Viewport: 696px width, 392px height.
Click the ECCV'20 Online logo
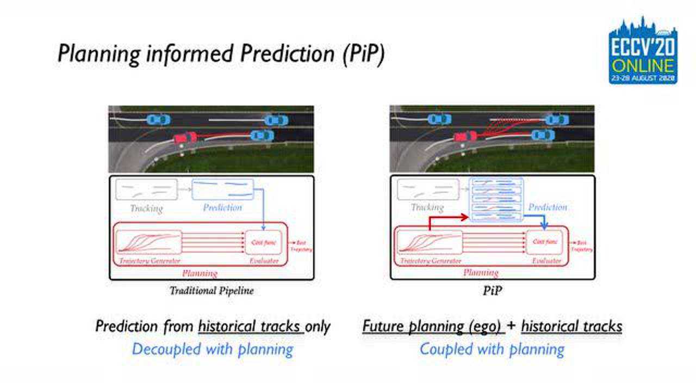coord(642,50)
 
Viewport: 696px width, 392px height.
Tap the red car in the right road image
coord(465,136)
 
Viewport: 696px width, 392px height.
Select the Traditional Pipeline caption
coord(212,290)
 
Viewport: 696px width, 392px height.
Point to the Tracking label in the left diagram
coord(146,208)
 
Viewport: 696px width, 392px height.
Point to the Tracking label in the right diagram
coord(427,207)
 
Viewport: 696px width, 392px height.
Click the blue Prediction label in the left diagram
coord(222,207)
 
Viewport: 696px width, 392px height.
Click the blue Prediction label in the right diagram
coord(548,207)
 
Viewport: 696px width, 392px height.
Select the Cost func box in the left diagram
coord(264,242)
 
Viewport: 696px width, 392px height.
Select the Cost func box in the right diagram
coord(546,242)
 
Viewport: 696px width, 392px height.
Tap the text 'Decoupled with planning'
coord(212,349)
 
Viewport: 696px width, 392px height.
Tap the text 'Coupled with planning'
coord(492,349)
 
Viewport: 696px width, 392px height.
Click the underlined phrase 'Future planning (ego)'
coord(431,326)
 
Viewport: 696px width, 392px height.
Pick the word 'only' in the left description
coord(318,326)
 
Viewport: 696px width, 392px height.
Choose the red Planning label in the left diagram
coord(200,273)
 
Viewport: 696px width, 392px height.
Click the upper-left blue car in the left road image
coord(158,119)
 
